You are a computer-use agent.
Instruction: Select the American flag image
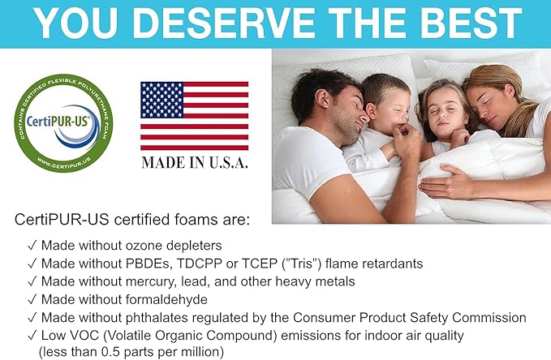click(x=194, y=115)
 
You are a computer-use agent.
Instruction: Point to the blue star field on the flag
click(x=162, y=100)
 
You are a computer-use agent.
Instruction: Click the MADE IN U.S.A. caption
click(x=195, y=161)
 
